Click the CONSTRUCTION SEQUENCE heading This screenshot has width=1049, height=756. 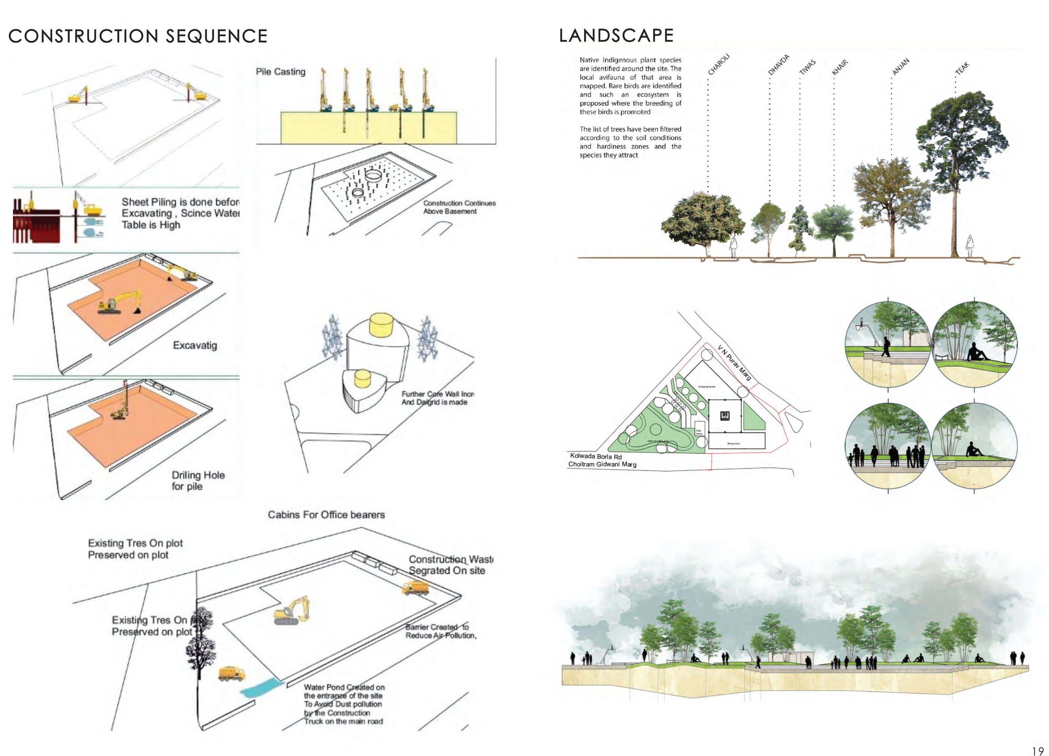coord(138,36)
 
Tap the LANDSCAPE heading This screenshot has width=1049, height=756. coord(616,36)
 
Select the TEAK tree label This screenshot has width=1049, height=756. coord(962,68)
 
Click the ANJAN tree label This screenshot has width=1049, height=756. coord(900,67)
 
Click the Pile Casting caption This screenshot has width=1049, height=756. coord(281,72)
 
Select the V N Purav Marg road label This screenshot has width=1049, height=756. coord(734,363)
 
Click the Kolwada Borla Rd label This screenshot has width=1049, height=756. coord(596,456)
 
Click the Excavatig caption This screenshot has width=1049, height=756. coord(195,345)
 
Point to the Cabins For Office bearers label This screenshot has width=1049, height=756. coord(326,514)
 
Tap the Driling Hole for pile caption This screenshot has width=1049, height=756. coord(198,480)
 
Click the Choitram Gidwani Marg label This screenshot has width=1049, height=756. coord(602,464)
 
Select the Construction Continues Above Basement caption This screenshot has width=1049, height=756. coord(459,207)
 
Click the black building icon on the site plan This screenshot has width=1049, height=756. coord(725,416)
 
